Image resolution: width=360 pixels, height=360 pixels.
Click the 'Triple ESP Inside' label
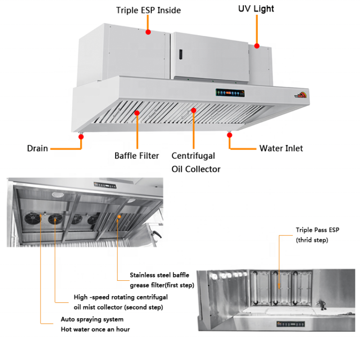coord(148,10)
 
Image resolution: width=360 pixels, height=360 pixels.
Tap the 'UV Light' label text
coord(256,9)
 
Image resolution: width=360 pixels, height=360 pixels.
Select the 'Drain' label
coord(37,148)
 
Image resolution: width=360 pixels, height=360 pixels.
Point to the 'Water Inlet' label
coord(281,148)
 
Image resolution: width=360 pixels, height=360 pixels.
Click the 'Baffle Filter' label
coord(136,156)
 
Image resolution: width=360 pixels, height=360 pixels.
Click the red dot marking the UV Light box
coord(256,45)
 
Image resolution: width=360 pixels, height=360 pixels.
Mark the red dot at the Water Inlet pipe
coord(229,136)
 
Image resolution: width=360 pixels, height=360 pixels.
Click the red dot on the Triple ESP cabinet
coord(148,31)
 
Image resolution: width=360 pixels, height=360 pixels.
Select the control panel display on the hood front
coord(230,94)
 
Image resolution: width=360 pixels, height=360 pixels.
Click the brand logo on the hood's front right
coord(300,94)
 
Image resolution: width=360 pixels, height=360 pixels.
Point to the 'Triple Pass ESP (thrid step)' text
coord(318,235)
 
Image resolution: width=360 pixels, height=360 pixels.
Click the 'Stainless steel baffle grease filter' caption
coord(159,280)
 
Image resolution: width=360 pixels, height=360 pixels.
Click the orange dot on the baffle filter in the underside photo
coord(119,216)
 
